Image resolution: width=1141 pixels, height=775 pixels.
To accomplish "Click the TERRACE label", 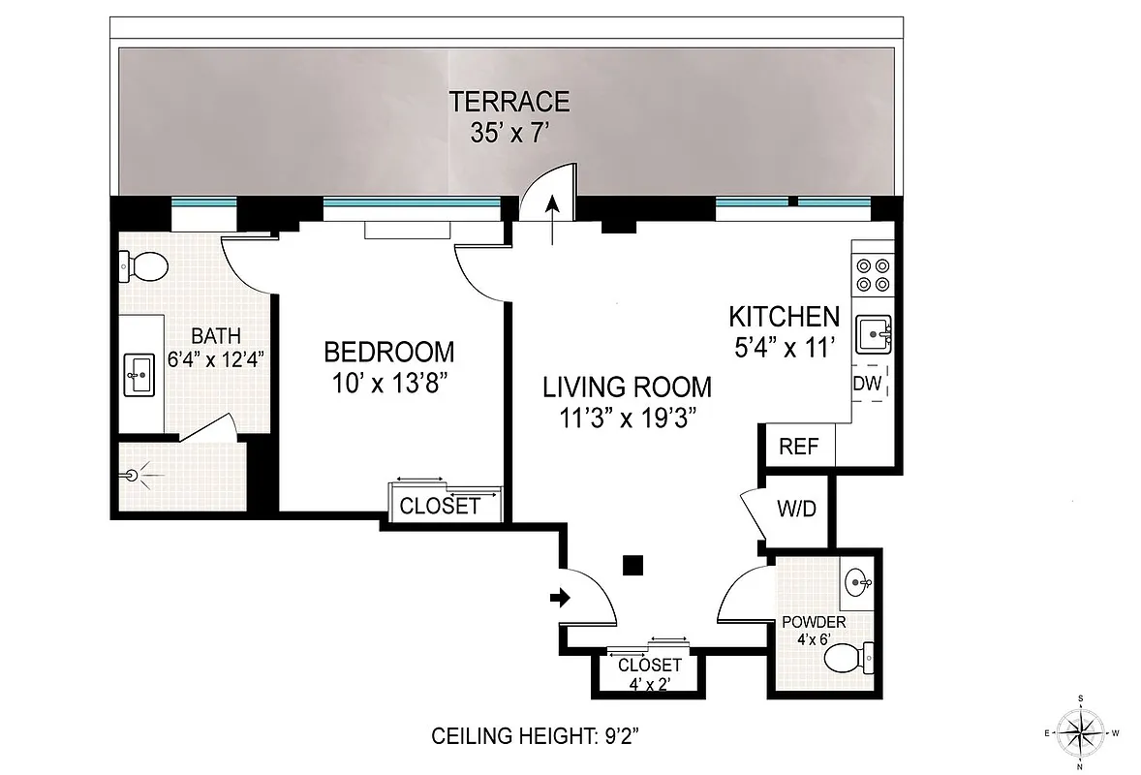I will click(x=509, y=101).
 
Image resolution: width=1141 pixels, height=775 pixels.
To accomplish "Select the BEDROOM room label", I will click(x=388, y=351).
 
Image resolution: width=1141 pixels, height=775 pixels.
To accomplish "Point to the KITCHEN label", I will click(x=783, y=317).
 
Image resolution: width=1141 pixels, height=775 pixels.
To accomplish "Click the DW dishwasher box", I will click(x=867, y=384).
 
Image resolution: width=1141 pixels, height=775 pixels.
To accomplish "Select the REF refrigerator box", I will click(x=799, y=448).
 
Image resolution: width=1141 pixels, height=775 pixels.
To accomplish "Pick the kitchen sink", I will click(x=874, y=336).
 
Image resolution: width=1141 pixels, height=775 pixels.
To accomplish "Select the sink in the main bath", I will click(x=139, y=374).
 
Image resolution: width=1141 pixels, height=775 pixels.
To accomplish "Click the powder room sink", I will click(x=858, y=583).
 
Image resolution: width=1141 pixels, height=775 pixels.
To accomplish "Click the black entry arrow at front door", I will click(x=560, y=598).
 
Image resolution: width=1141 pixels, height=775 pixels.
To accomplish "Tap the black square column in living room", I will click(x=633, y=564).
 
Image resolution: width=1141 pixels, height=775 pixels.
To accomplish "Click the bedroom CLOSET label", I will click(x=440, y=506).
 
